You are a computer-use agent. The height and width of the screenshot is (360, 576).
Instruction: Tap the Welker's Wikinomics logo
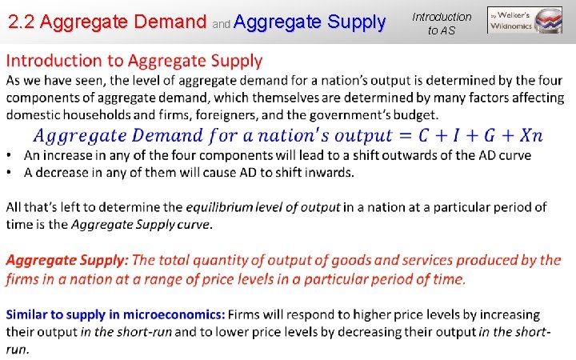[525, 20]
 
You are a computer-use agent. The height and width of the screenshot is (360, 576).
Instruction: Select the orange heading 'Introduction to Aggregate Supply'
[134, 61]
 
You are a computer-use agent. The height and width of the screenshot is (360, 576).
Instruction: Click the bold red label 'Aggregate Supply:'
[67, 261]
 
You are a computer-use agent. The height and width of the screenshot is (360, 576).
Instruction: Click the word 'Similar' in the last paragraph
[28, 315]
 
